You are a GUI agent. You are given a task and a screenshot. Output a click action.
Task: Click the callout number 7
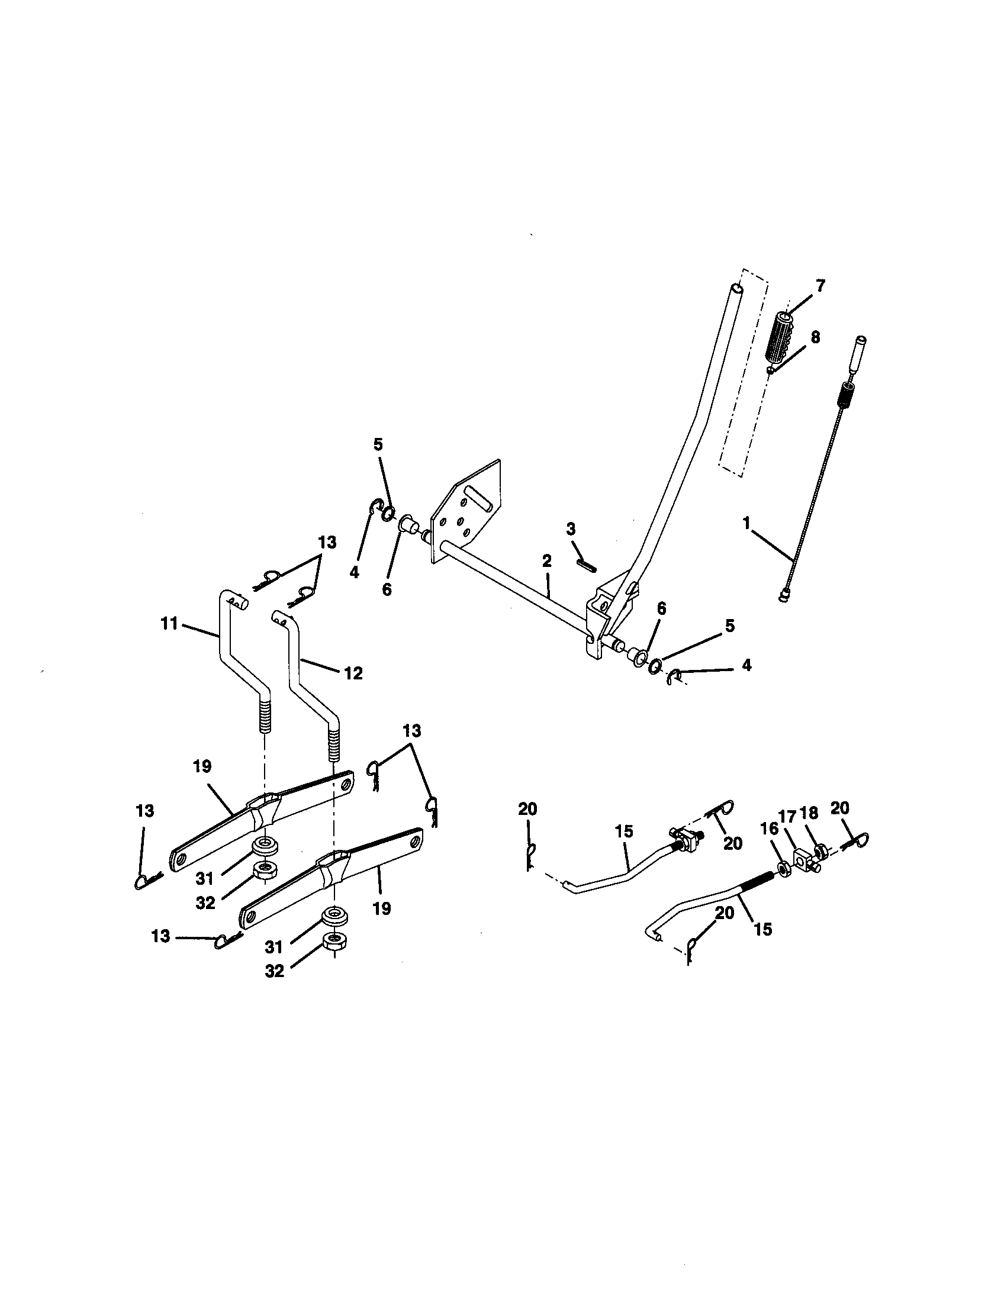pyautogui.click(x=820, y=286)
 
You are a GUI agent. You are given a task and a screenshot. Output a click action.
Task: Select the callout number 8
pyautogui.click(x=815, y=337)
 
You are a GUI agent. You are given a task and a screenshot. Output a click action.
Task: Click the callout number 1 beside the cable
pyautogui.click(x=746, y=523)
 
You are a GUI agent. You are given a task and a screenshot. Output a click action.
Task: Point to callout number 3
pyautogui.click(x=571, y=528)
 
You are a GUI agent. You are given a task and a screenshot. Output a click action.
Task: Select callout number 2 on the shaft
pyautogui.click(x=547, y=560)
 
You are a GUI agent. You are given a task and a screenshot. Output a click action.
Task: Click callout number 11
pyautogui.click(x=170, y=624)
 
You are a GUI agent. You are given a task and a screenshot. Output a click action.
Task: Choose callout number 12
pyautogui.click(x=353, y=673)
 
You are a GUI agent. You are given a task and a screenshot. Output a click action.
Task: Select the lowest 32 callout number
pyautogui.click(x=273, y=971)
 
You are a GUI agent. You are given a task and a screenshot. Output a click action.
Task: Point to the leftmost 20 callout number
pyautogui.click(x=527, y=809)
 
